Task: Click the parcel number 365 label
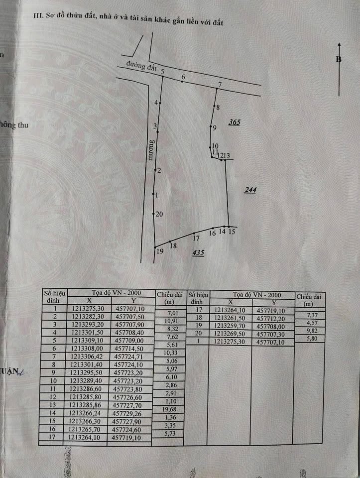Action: pos(234,122)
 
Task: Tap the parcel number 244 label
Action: pos(250,190)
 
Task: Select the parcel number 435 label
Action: pos(198,253)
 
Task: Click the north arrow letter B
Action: pos(339,59)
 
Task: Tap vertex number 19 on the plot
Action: pos(160,251)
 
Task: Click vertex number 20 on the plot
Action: pos(158,215)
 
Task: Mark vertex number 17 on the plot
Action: pos(196,239)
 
